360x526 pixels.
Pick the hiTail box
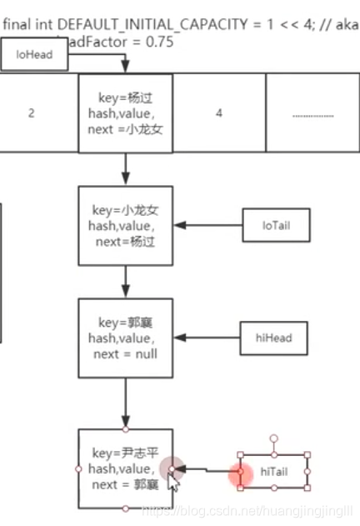(x=273, y=472)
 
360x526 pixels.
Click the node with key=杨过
(x=125, y=113)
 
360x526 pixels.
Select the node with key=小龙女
(x=125, y=224)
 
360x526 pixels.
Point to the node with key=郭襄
(x=125, y=338)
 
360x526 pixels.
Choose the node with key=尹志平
(x=125, y=468)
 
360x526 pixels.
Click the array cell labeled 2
(x=31, y=113)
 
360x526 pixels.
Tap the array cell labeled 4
(x=219, y=113)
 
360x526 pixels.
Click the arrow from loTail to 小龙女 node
(x=208, y=223)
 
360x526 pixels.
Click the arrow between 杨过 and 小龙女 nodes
(x=125, y=169)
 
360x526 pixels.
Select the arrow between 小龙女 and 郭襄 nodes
(x=125, y=281)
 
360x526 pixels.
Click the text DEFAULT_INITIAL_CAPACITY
(x=141, y=24)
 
